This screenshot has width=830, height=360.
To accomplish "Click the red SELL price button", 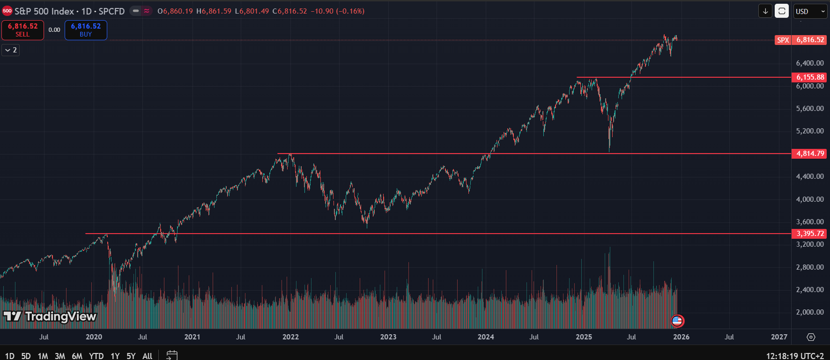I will tap(22, 30).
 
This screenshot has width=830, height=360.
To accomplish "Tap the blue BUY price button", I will tap(86, 30).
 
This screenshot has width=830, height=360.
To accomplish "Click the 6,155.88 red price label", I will tap(810, 77).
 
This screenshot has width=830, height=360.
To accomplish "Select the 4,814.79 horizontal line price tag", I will tap(810, 154).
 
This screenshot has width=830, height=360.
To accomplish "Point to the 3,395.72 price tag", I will tap(810, 234).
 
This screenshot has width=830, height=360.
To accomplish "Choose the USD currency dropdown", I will tap(810, 11).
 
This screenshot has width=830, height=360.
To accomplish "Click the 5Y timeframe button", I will tap(131, 356).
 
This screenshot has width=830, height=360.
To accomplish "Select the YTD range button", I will tap(96, 356).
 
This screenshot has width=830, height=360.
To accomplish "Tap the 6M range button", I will tap(77, 356).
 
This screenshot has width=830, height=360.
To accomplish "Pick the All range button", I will tap(147, 356).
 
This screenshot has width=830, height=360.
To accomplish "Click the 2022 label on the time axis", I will tap(290, 337).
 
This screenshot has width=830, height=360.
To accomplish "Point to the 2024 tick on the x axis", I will tap(486, 337).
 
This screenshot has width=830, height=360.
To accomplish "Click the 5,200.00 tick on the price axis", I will tap(810, 131).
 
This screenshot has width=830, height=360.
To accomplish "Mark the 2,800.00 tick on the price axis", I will tap(810, 267).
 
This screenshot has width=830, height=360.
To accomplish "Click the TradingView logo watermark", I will tap(50, 317).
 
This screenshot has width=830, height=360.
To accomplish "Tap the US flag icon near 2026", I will tap(677, 321).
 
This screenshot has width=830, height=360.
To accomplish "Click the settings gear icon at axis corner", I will tap(811, 337).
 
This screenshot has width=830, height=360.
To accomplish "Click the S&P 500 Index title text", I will tap(44, 11).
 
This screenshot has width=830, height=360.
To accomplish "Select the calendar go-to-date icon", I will tap(172, 355).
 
